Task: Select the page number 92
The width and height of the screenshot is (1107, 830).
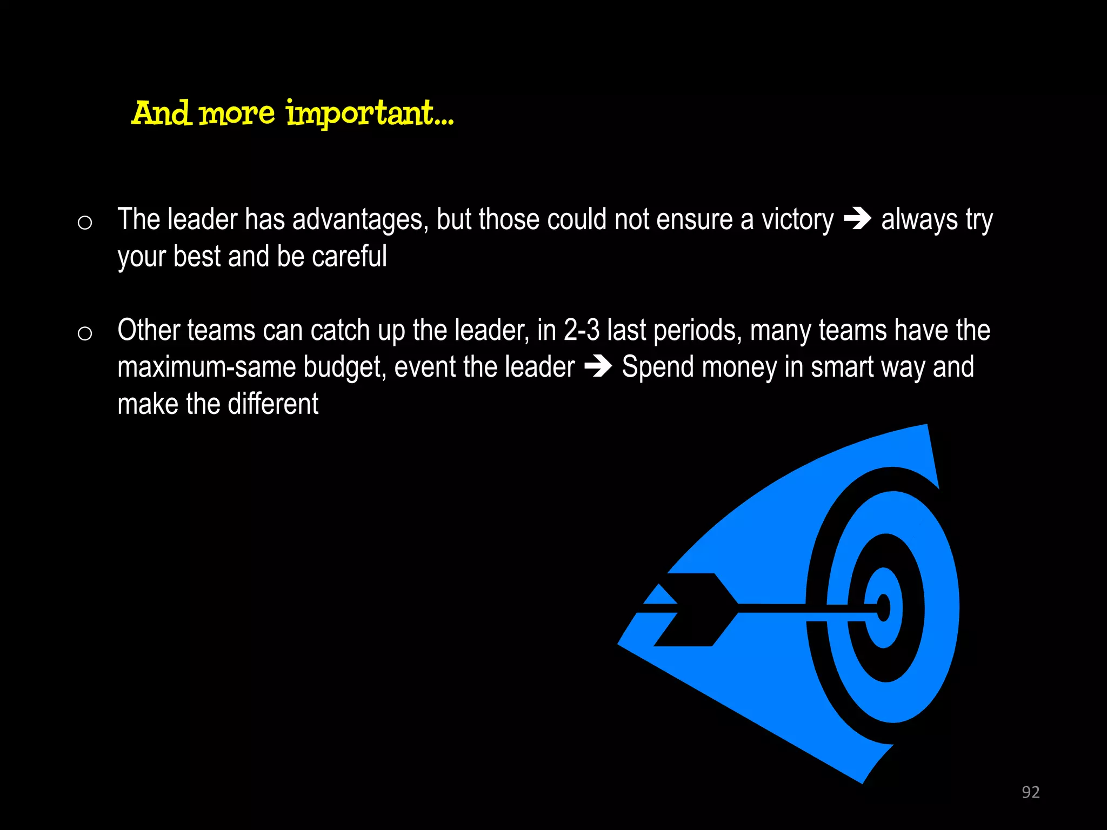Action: tap(1030, 792)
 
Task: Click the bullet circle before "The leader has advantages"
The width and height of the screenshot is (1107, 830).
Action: tap(85, 223)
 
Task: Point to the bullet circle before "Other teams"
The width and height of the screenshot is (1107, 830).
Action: tap(85, 333)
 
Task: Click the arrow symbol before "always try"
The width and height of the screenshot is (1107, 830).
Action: tap(857, 219)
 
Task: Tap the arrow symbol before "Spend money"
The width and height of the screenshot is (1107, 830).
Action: tap(598, 367)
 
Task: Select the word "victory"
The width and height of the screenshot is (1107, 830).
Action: tap(797, 219)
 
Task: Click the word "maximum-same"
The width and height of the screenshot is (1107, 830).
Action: tap(206, 367)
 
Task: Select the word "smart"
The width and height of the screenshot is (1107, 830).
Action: tap(842, 367)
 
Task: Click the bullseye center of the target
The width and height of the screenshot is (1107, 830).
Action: tap(883, 608)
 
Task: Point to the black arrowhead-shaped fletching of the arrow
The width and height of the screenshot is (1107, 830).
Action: tap(697, 610)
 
